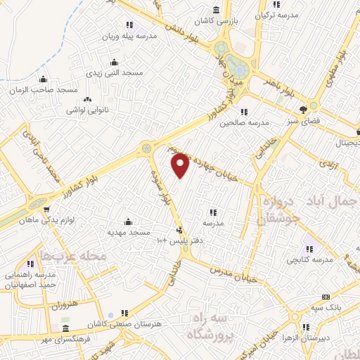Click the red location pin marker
click(x=180, y=165)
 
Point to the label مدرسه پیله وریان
click(x=131, y=35)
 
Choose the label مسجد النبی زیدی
click(x=119, y=72)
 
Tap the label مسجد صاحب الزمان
click(x=44, y=90)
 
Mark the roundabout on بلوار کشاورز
click(x=147, y=148)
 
